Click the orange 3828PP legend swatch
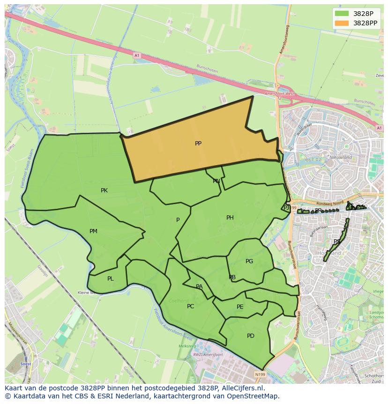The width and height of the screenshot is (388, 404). pyautogui.click(x=342, y=23)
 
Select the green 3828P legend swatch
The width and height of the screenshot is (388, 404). pyautogui.click(x=342, y=14)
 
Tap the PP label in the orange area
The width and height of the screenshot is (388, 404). pyautogui.click(x=198, y=144)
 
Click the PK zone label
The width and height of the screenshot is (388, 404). pyautogui.click(x=104, y=191)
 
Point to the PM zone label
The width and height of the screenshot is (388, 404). pyautogui.click(x=93, y=231)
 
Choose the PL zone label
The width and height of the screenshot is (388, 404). pyautogui.click(x=110, y=279)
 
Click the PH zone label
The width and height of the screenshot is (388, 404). pyautogui.click(x=230, y=218)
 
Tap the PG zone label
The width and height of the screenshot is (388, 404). pyautogui.click(x=249, y=261)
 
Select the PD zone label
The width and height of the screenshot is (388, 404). pyautogui.click(x=250, y=336)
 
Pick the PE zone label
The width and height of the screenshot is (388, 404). pyautogui.click(x=240, y=307)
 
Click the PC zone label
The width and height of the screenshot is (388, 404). pyautogui.click(x=190, y=306)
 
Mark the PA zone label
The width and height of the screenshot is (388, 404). pyautogui.click(x=199, y=287)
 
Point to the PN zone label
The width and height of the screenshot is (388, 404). pyautogui.click(x=216, y=181)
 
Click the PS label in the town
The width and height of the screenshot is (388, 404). pyautogui.click(x=336, y=242)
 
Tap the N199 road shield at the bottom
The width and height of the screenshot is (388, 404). pyautogui.click(x=260, y=374)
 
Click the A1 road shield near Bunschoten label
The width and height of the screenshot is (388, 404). pyautogui.click(x=137, y=55)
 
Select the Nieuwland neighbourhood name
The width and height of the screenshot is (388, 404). pyautogui.click(x=341, y=157)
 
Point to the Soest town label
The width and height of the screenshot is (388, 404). pyautogui.click(x=26, y=364)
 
